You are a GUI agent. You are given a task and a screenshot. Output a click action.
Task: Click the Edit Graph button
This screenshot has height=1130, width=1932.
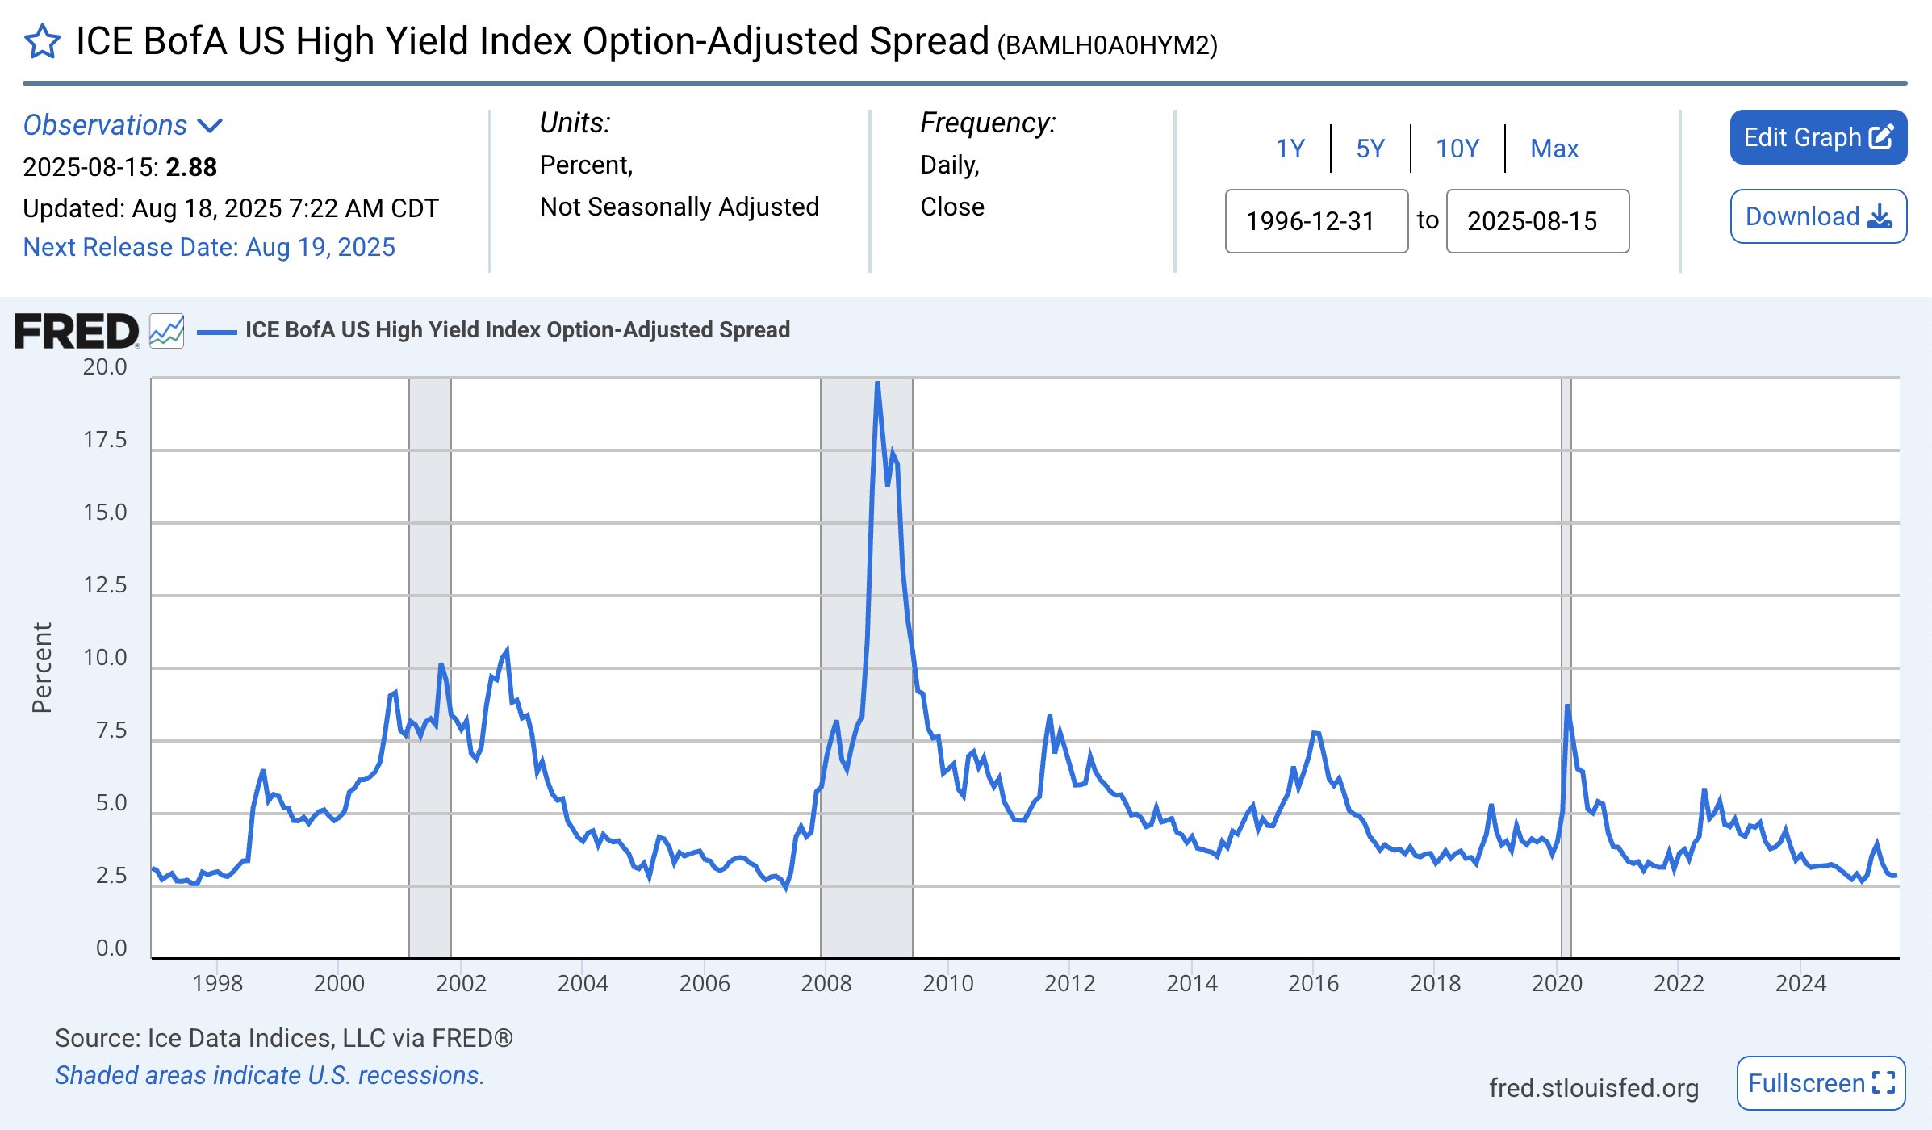coord(1817,137)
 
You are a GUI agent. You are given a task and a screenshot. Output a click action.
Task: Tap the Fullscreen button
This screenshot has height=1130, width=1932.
coord(1821,1082)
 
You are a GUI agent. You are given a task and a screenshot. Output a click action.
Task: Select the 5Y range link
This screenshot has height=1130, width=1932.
coord(1370,149)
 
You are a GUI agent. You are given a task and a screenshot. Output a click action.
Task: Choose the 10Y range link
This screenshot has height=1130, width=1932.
coord(1457,149)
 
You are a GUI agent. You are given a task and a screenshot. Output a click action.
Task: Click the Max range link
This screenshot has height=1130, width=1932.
coord(1554,149)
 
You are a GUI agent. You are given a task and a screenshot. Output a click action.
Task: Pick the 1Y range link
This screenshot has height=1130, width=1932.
coord(1290,149)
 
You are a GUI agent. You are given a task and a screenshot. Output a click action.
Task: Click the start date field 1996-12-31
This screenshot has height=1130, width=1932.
coord(1316,221)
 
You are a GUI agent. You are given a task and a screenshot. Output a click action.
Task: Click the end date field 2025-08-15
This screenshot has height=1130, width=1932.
coord(1537,221)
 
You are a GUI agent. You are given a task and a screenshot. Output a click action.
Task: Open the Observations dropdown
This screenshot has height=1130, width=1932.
coord(122,125)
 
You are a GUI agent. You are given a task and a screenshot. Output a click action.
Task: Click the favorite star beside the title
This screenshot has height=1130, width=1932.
coord(42,42)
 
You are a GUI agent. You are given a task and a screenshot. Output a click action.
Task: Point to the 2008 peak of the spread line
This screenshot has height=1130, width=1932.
coord(877,383)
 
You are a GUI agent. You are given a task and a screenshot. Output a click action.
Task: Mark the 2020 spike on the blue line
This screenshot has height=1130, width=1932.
coord(1567,706)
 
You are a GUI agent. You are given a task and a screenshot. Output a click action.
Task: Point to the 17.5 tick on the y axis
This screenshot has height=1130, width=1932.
coord(105,440)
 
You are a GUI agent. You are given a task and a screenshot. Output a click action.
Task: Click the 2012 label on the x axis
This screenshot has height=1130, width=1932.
coord(1069,983)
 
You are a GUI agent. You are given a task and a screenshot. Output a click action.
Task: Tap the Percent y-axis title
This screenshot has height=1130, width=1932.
coord(42,668)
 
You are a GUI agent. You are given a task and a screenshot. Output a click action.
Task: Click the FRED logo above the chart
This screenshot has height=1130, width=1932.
coord(77,331)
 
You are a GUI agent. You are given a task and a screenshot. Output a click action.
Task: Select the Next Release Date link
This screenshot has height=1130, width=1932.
coord(209,247)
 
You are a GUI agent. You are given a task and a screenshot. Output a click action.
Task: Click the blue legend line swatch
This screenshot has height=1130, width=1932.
coord(216,331)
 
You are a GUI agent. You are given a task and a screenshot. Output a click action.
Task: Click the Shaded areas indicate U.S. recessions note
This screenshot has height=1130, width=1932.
coord(270,1075)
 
